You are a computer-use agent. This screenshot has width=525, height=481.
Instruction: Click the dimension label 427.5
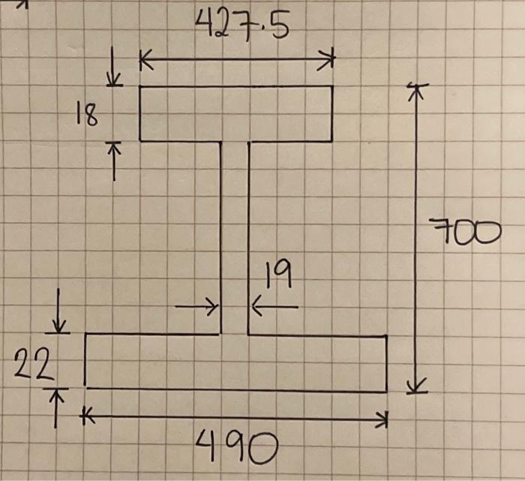pos(241,29)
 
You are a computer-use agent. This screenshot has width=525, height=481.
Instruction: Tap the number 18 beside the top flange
pos(86,114)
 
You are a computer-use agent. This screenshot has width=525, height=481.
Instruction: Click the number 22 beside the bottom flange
pos(33,368)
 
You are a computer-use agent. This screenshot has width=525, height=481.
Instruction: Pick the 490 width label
pos(235,449)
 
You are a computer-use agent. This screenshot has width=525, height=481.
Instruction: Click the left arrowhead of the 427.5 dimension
pos(145,60)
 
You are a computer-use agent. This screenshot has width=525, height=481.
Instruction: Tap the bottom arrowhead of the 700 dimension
pos(416,387)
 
